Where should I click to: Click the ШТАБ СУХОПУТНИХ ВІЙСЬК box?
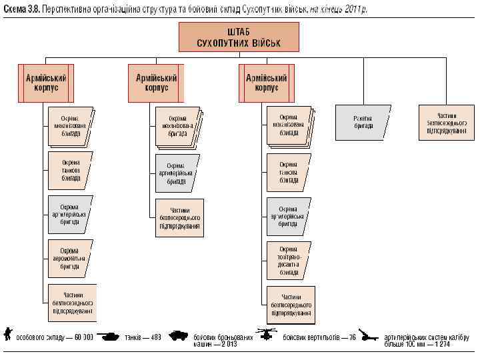239,37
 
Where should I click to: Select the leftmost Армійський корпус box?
46,83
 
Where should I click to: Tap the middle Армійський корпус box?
155,83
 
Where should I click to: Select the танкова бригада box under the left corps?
70,170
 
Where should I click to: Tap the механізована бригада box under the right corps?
288,125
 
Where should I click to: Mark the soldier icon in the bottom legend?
8,334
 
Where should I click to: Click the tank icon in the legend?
109,336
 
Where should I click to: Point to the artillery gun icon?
368,335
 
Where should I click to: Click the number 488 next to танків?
155,337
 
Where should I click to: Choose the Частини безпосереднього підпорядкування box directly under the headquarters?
443,122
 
